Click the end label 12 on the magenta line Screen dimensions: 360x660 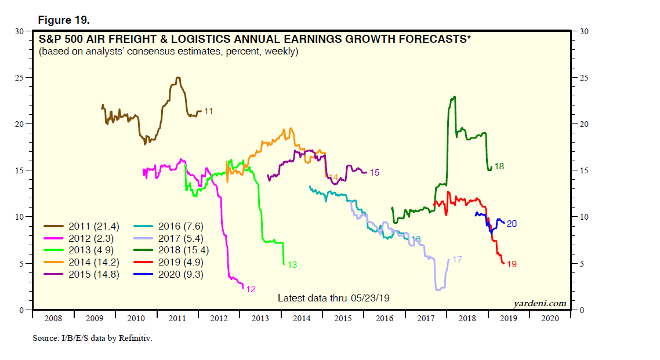[251, 289]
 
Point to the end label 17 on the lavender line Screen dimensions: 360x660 [457, 260]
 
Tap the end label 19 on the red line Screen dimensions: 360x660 [512, 264]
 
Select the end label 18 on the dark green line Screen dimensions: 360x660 [499, 166]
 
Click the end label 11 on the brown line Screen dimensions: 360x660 [209, 111]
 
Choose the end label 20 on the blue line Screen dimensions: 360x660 [512, 223]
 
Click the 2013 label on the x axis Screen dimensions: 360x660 [259, 318]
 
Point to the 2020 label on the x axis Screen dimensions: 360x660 [550, 318]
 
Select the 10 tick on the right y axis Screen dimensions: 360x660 [583, 217]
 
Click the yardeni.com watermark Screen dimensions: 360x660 [539, 303]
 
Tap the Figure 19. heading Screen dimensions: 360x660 [64, 20]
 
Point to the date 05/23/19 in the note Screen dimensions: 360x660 [369, 298]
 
